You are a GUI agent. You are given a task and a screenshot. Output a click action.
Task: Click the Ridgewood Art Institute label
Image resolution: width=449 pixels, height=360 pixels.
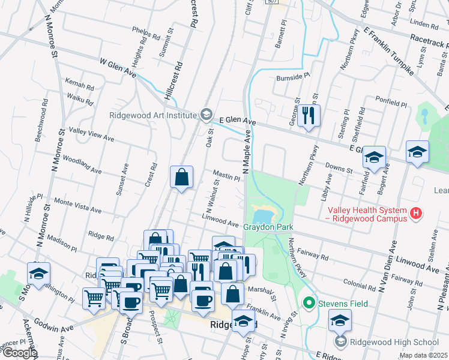pos(152,115)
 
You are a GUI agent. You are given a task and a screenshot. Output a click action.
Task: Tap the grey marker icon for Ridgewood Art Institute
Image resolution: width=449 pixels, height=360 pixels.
pos(206,115)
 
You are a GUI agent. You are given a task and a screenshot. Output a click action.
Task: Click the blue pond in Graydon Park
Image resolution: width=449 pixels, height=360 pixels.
pos(265,214)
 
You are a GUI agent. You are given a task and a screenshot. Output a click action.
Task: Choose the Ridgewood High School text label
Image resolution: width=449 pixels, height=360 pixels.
pos(395,342)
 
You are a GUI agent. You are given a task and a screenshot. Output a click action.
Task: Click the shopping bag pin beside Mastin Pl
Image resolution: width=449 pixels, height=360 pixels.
pos(181,177)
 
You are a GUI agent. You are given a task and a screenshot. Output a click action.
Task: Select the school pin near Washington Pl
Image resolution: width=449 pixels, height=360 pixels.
pos(38,274)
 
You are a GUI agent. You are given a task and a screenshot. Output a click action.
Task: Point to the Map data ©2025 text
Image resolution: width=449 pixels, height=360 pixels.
pos(423,355)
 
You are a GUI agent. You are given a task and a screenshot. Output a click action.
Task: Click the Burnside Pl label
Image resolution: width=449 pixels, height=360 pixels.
pos(292,77)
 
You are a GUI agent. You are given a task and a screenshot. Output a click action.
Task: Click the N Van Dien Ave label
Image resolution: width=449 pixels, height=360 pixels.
pos(388,266)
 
